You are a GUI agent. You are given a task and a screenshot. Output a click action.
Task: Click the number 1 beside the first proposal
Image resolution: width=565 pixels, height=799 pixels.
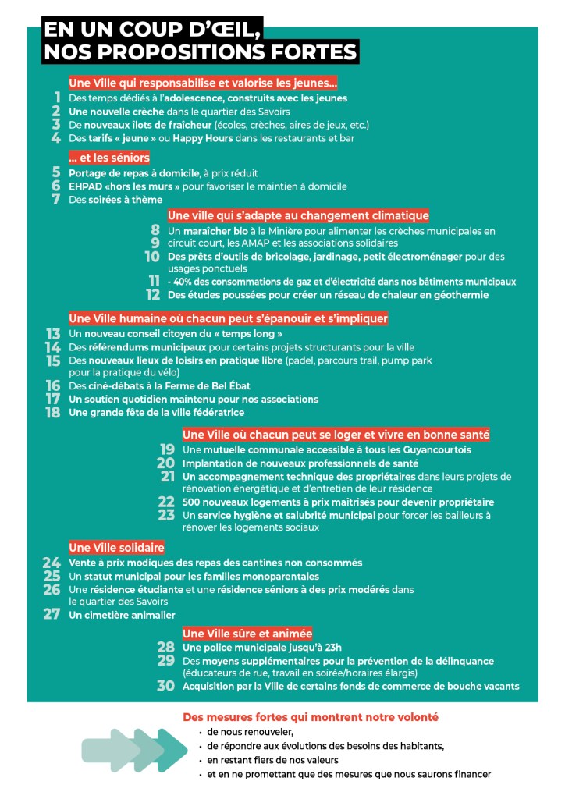[x=57, y=98]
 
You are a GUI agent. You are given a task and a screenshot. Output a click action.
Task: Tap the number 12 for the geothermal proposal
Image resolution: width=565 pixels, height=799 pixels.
[x=153, y=295]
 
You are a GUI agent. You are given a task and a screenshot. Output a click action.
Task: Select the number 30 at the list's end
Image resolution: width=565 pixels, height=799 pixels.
[x=165, y=686]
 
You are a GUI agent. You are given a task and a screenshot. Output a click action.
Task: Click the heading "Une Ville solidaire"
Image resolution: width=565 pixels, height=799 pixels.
[x=116, y=548]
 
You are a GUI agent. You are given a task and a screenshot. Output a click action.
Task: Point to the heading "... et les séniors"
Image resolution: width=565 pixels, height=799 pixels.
[x=109, y=158]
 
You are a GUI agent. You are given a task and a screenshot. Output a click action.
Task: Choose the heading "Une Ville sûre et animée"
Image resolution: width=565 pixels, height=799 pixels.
[x=247, y=633]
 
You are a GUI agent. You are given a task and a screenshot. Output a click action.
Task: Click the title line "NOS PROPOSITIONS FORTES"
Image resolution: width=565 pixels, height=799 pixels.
[x=201, y=52]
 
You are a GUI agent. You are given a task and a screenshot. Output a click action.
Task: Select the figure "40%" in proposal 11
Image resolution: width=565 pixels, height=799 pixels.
[x=183, y=282]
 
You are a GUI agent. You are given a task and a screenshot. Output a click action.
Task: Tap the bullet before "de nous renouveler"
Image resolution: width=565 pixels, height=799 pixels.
[x=201, y=733]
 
